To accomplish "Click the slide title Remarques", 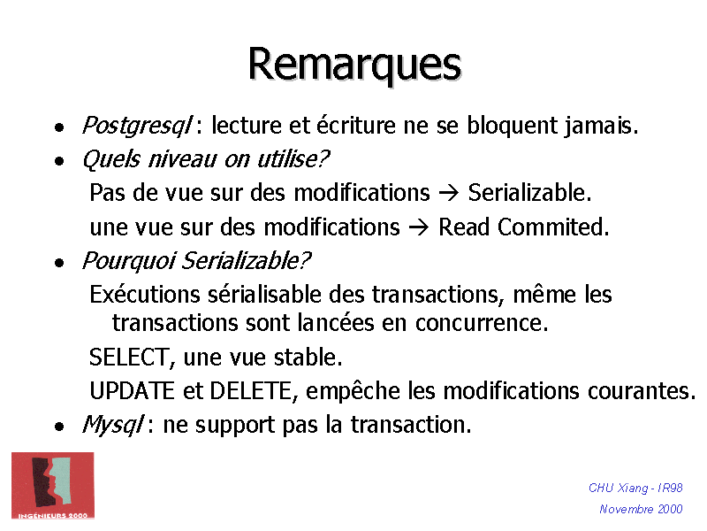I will pos(353,65).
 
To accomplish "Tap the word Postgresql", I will pos(137,127).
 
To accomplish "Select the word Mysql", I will pos(112,425).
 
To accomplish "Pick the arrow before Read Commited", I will pos(420,227).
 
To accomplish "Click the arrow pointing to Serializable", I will pos(449,193).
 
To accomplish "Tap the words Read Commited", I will pos(523,227).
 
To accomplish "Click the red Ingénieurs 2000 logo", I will pos(53,485).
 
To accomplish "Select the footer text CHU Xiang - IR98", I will pos(635,489).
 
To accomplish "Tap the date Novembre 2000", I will pos(641,509).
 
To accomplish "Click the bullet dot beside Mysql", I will pos(58,427).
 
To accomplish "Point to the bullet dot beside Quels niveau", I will pos(58,161).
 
